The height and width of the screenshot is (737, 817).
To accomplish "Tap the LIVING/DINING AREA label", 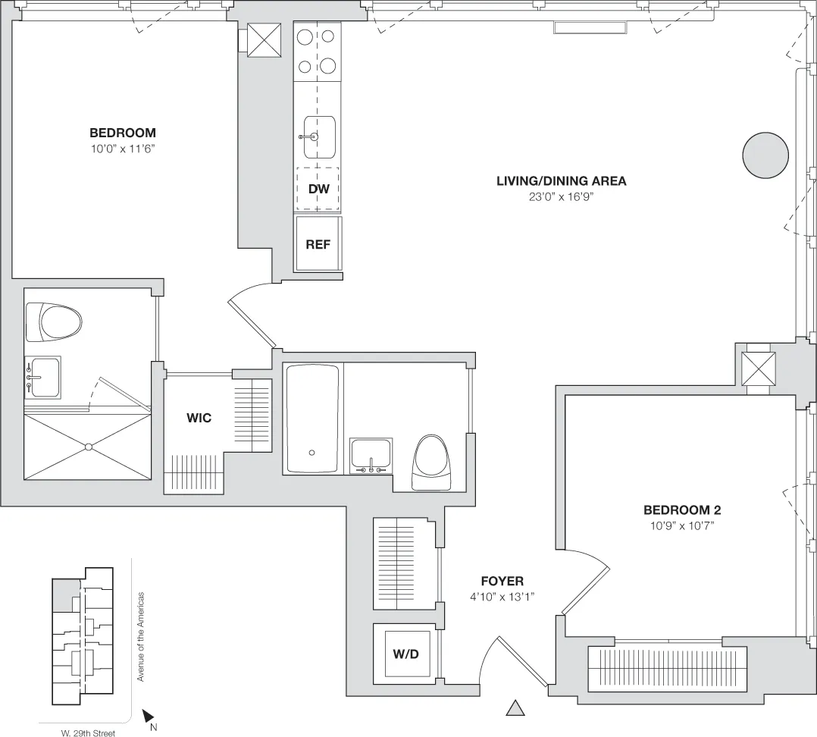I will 561,180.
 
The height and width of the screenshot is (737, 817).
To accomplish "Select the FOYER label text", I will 502,581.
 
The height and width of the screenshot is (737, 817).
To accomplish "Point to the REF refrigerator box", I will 318,244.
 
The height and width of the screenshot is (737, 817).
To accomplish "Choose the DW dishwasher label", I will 318,187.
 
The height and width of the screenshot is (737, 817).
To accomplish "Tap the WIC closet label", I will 199,418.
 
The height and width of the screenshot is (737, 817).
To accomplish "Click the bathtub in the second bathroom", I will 312,419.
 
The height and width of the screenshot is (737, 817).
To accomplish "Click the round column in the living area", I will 764,155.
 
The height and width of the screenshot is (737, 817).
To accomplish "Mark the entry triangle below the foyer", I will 515,708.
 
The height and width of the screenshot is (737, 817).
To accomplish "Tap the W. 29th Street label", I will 88,733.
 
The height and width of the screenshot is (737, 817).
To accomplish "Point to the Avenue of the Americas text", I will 140,636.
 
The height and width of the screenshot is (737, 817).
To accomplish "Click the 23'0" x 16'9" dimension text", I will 561,196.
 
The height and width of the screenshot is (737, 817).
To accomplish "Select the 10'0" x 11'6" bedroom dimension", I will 122,149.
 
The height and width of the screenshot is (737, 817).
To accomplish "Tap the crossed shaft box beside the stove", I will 265,40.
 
